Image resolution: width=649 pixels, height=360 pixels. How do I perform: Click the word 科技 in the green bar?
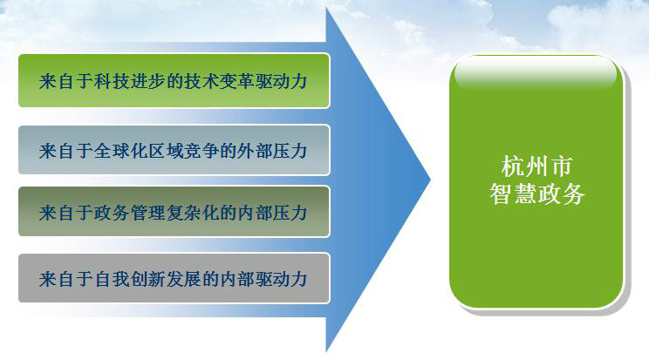coord(112,81)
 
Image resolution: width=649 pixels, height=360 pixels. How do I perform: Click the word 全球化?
coord(120,151)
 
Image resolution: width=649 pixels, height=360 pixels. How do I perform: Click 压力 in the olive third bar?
coord(290,213)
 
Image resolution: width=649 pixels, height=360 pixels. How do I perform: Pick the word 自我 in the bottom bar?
coord(112,279)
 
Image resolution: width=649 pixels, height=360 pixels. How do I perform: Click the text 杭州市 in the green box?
coord(536,166)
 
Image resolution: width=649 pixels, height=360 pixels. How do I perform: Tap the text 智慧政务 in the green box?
coord(536,194)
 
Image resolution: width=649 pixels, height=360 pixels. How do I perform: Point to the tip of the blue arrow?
coord(430,180)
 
